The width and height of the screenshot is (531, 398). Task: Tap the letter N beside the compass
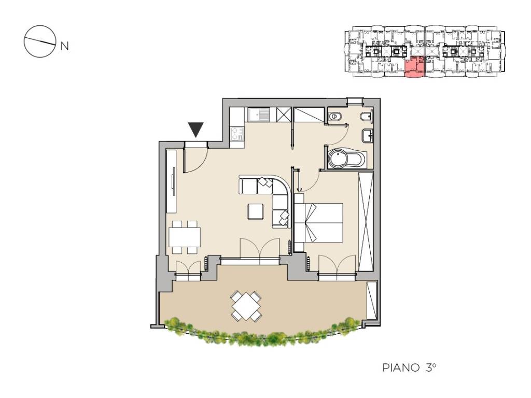pos(64,46)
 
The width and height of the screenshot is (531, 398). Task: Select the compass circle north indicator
pos(40,41)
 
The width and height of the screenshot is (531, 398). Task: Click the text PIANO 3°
pos(409,367)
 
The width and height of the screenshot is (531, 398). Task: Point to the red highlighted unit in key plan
pos(414,68)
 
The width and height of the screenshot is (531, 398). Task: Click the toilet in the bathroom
pos(335,117)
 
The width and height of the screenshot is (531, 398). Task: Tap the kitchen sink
pos(259,115)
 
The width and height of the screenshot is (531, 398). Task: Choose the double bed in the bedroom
pos(319,222)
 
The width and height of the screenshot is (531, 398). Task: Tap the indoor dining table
pos(185,237)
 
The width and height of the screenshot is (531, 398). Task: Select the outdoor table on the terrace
pos(246,306)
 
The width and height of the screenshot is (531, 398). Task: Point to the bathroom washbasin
pos(368,136)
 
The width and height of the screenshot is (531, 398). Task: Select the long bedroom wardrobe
pos(366,221)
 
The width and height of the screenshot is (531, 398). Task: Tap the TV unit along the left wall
pos(171,181)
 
